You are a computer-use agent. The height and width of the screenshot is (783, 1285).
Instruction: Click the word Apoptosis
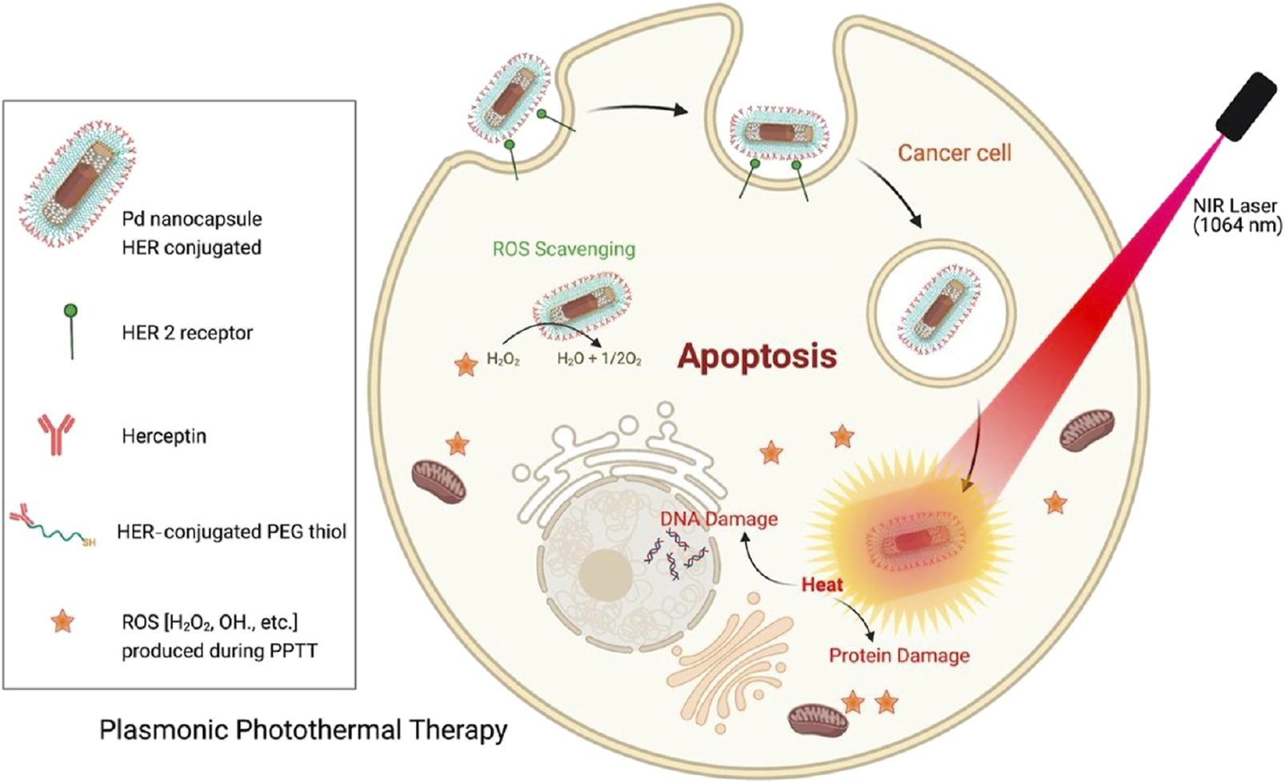(x=757, y=356)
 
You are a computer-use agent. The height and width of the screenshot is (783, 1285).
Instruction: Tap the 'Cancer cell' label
(x=954, y=153)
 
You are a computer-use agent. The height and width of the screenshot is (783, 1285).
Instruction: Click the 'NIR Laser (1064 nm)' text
(x=1236, y=216)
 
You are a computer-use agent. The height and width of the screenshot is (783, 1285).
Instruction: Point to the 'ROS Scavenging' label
(x=563, y=249)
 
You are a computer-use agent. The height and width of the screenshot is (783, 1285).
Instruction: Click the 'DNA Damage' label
(x=718, y=519)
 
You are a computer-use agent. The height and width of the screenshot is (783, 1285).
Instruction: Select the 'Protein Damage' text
(x=899, y=656)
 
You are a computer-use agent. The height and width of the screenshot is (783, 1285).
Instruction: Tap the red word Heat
(x=822, y=585)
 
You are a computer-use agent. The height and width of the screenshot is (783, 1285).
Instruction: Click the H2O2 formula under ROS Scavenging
(x=503, y=360)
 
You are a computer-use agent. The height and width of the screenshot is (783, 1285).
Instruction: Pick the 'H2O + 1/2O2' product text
(x=598, y=360)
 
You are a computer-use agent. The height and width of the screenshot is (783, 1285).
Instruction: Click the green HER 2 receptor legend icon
(x=71, y=330)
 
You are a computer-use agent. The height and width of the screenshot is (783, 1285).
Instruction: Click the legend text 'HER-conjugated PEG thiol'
(x=231, y=531)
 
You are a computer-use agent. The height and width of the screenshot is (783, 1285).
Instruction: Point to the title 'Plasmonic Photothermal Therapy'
(x=303, y=729)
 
